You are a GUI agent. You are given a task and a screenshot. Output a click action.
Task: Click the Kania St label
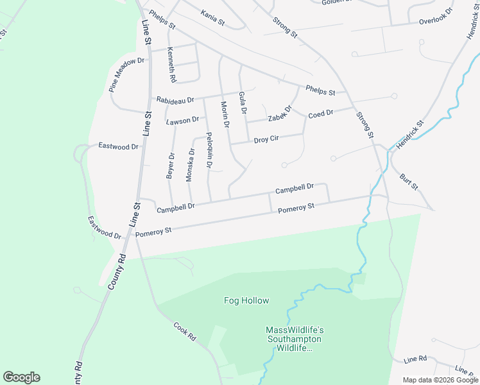(212, 18)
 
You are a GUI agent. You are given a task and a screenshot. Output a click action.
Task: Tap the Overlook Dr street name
(436, 21)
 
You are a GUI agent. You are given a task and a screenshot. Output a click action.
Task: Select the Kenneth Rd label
(171, 65)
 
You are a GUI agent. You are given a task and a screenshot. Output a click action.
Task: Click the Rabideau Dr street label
(175, 100)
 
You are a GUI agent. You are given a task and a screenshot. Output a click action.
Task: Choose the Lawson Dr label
(183, 121)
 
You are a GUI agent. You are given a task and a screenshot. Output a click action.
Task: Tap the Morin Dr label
(225, 115)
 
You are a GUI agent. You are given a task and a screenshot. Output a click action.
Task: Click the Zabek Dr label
(280, 114)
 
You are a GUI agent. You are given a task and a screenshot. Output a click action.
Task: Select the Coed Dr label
(321, 114)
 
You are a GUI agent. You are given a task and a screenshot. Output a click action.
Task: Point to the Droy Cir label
(266, 139)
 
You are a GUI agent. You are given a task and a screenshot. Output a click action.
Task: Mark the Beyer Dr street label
(170, 165)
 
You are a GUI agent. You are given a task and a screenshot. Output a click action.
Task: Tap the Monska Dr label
(190, 165)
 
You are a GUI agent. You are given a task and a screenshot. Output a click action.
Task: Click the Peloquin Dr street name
(209, 151)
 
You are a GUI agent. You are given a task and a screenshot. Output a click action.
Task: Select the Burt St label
(409, 182)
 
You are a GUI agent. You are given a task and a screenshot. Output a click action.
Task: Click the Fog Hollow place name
(246, 300)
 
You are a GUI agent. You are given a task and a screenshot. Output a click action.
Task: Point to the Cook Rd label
(184, 331)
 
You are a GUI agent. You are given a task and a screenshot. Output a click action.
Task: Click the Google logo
(21, 377)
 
